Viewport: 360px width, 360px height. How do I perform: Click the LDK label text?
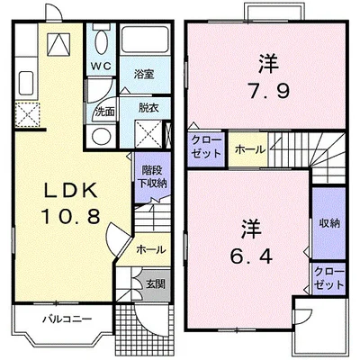(x=71, y=190)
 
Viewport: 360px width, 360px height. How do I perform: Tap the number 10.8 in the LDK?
(x=71, y=217)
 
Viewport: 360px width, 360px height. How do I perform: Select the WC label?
(x=101, y=66)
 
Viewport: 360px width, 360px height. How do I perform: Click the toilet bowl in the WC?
(x=101, y=42)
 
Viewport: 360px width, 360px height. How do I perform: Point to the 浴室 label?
(x=144, y=74)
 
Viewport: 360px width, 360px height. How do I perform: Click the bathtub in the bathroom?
(x=145, y=40)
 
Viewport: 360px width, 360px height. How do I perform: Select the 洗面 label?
(x=105, y=112)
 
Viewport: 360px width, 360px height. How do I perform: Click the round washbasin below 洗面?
(x=101, y=137)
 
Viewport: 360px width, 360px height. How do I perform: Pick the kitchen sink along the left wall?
(x=27, y=83)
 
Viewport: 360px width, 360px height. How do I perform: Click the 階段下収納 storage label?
(x=152, y=177)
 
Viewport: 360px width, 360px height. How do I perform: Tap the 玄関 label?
(x=156, y=283)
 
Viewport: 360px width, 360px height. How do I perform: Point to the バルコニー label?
(x=67, y=319)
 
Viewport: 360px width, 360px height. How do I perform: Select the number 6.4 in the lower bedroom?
(x=251, y=256)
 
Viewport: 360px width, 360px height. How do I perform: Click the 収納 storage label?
(x=329, y=223)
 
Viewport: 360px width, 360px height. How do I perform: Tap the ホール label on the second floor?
(x=250, y=149)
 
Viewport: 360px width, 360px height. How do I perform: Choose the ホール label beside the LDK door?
(x=151, y=249)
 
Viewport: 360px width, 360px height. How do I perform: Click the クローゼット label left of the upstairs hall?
(x=206, y=147)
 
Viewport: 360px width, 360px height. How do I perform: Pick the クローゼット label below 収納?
(x=329, y=278)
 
